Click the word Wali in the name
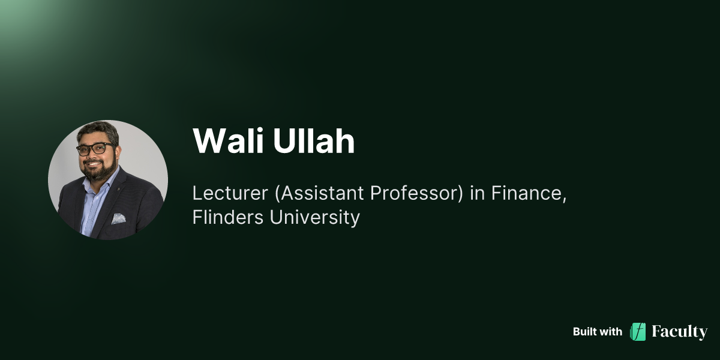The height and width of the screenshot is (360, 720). pos(230,142)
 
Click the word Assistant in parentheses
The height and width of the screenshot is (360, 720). pos(311,194)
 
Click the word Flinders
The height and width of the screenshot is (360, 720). pos(228,217)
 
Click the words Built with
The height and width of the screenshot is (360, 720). pos(597,332)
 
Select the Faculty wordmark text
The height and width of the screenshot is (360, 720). pos(680,332)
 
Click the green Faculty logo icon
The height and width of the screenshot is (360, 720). pos(638,332)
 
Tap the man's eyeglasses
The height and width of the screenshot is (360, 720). pos(95,148)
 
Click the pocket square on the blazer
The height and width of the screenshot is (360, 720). pos(118,218)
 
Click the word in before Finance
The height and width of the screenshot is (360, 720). pos(478,194)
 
